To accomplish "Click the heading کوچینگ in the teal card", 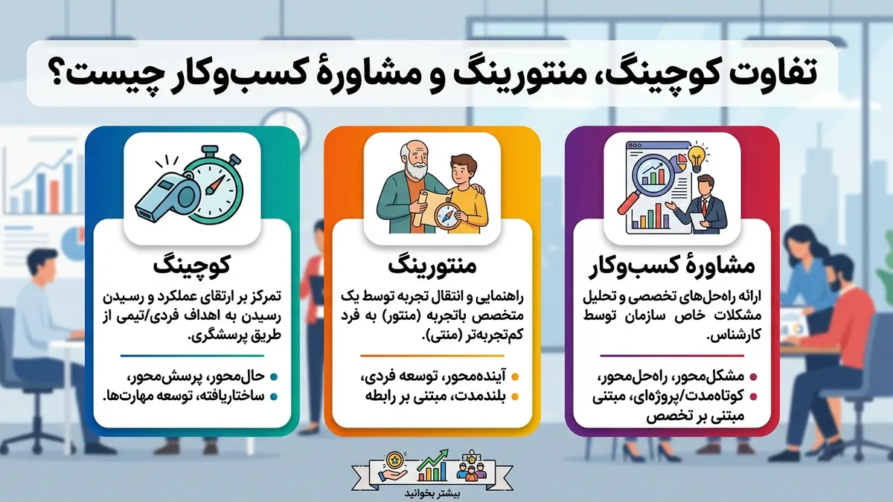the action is [x=192, y=266].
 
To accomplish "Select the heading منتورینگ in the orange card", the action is [x=432, y=266].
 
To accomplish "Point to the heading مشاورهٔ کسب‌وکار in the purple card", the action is [x=672, y=266].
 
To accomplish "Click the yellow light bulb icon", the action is [x=697, y=157].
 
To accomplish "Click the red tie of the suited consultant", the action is [x=705, y=205].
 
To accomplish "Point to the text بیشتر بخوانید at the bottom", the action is [x=432, y=493].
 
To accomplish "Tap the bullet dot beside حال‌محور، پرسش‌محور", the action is [x=274, y=376].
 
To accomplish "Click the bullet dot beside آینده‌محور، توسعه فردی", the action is [x=515, y=376].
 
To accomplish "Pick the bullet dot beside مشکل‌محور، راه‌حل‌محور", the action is [x=753, y=376].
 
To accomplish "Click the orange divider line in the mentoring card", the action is [x=432, y=355].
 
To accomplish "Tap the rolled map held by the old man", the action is [x=420, y=207].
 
